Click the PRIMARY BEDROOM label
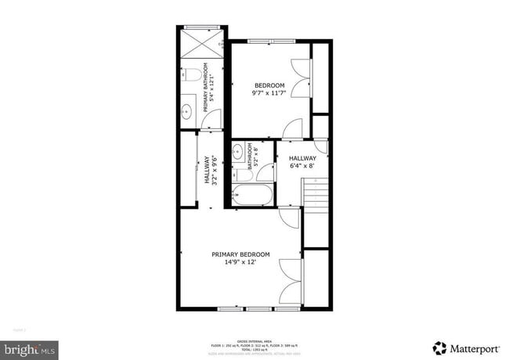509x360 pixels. coord(240,254)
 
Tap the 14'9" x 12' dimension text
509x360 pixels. coord(240,263)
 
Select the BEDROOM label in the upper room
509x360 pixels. coord(269,85)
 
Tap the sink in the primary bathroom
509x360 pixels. coord(188,110)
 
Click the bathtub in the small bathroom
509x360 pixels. coord(252,196)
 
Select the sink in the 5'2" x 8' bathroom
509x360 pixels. coord(239,151)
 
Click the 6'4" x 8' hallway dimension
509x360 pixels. coord(301,166)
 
